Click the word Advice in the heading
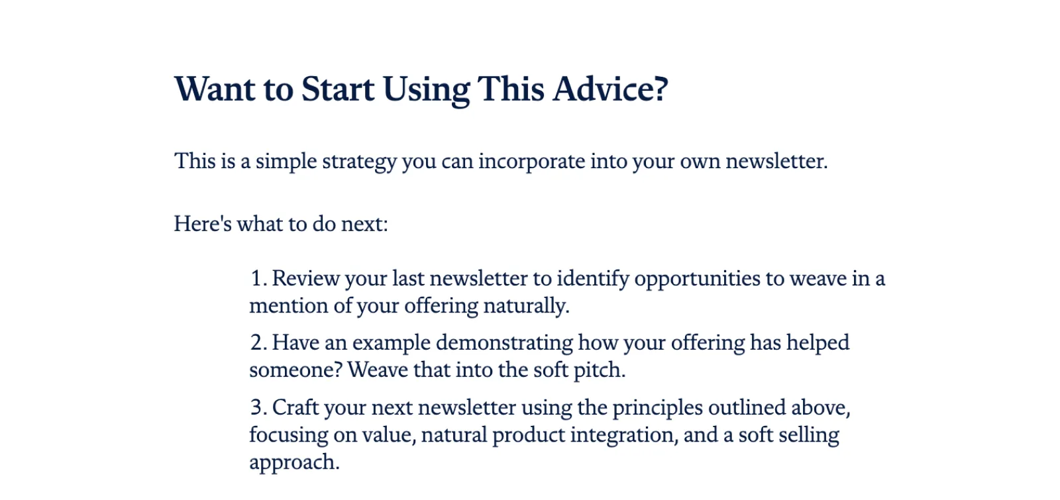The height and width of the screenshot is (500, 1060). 610,89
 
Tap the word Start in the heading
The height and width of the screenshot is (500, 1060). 338,89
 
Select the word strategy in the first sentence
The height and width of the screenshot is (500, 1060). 359,162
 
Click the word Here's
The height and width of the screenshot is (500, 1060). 203,223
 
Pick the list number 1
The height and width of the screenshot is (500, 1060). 258,278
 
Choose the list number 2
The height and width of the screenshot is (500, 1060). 258,342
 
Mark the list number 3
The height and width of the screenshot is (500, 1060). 258,407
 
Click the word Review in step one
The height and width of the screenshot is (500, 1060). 305,278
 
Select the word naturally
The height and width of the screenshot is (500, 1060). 526,306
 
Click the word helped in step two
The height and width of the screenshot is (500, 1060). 818,342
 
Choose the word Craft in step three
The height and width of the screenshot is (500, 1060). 295,407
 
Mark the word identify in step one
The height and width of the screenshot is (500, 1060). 593,279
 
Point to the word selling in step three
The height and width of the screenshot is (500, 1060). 809,435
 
